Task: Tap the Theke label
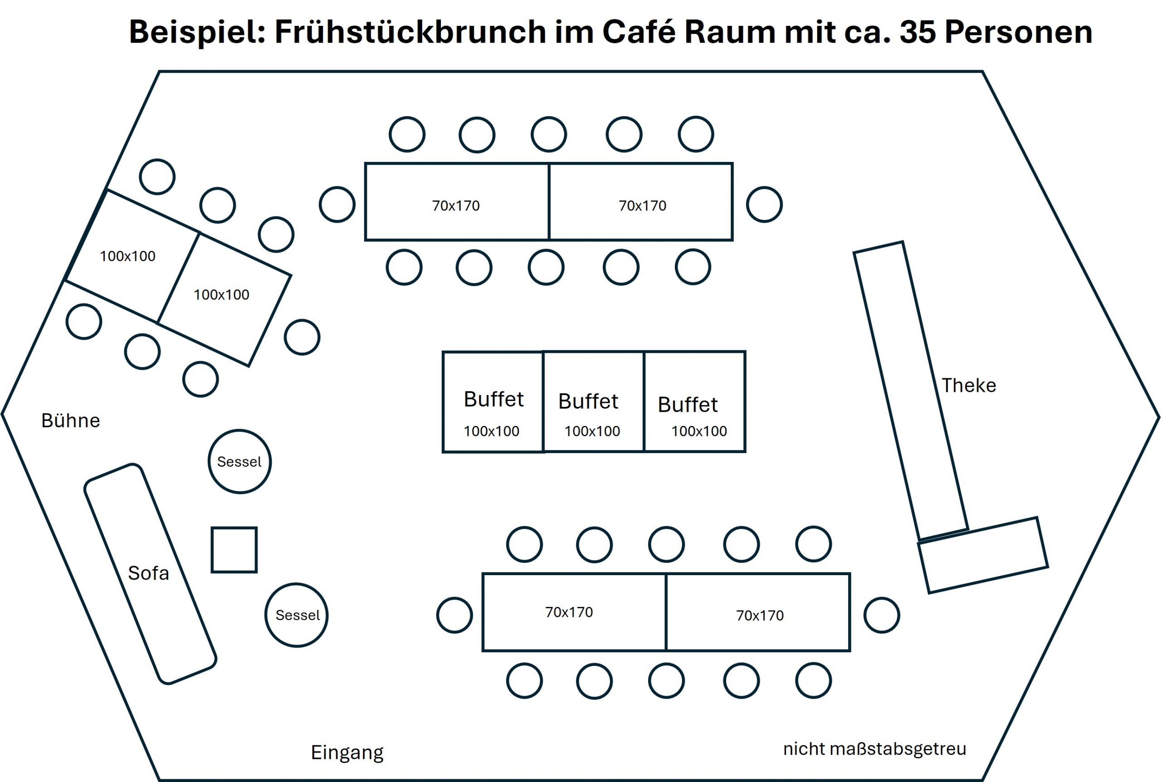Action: (968, 386)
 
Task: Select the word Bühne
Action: (70, 420)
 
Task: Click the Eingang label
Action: (347, 753)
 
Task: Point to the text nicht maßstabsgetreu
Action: (874, 748)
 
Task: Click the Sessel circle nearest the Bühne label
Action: (239, 461)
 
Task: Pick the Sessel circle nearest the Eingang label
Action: (297, 615)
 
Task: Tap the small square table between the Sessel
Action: (234, 550)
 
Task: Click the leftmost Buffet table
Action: (493, 402)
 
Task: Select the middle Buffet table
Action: (593, 402)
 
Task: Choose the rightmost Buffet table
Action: (694, 402)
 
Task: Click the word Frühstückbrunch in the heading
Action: (410, 32)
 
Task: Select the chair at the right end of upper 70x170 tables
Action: (764, 205)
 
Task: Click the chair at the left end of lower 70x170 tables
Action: (454, 615)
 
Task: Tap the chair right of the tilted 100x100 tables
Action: (302, 337)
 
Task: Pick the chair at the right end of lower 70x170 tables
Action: (881, 615)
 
